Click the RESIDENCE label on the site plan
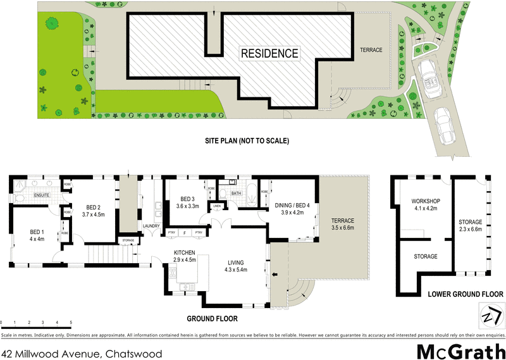point(269,53)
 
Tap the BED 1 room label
point(37,232)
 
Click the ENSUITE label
point(42,196)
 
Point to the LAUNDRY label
point(151,225)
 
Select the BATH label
point(237,194)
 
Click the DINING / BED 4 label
point(292,205)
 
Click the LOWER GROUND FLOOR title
point(465,294)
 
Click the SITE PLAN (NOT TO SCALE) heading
point(247,140)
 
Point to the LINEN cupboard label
point(217,206)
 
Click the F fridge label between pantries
point(184,233)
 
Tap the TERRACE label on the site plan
point(371,50)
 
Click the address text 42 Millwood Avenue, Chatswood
point(82,354)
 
